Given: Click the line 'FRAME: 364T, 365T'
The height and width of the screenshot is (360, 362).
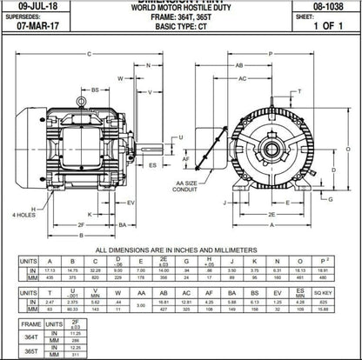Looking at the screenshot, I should tap(178, 17).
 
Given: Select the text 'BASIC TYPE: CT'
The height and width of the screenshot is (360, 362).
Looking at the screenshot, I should tap(178, 25).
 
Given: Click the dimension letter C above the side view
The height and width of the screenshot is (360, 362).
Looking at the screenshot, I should tap(89, 54).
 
